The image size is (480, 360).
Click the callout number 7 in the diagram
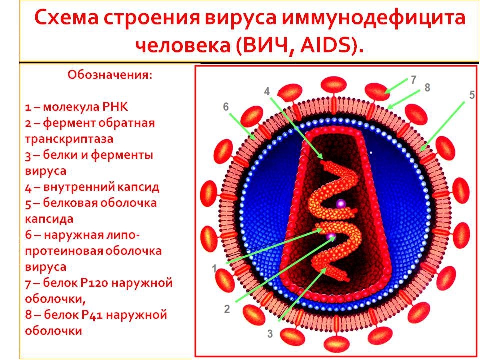(x=413, y=79)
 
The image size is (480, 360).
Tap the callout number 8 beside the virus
(x=427, y=88)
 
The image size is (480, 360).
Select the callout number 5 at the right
(x=472, y=95)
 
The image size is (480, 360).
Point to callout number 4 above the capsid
(x=267, y=91)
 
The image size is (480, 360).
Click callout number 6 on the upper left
(x=226, y=107)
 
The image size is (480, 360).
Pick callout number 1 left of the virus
(x=215, y=269)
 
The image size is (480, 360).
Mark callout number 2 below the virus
(x=227, y=309)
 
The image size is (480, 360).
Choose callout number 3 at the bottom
(x=270, y=334)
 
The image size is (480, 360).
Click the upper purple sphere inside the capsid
(x=341, y=203)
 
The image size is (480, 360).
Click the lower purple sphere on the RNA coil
(x=330, y=236)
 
